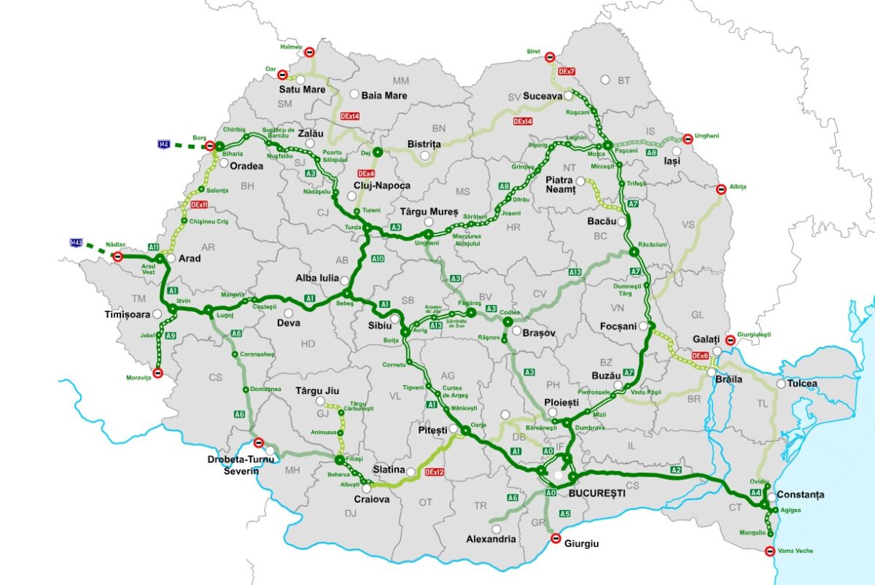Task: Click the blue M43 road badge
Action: (77, 242)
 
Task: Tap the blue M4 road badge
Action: (164, 145)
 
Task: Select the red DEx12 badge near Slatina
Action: (435, 473)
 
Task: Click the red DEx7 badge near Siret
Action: (567, 71)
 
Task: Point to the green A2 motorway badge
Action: (676, 469)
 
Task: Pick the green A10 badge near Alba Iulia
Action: (378, 259)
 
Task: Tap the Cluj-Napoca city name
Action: (381, 185)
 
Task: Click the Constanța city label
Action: (800, 495)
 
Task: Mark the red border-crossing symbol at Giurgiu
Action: (556, 539)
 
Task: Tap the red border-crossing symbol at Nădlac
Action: (117, 256)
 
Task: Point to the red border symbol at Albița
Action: (720, 190)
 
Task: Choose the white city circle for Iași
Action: (677, 151)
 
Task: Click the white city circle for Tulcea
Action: (781, 384)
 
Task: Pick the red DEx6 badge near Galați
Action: (699, 355)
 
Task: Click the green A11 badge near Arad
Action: (154, 247)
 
